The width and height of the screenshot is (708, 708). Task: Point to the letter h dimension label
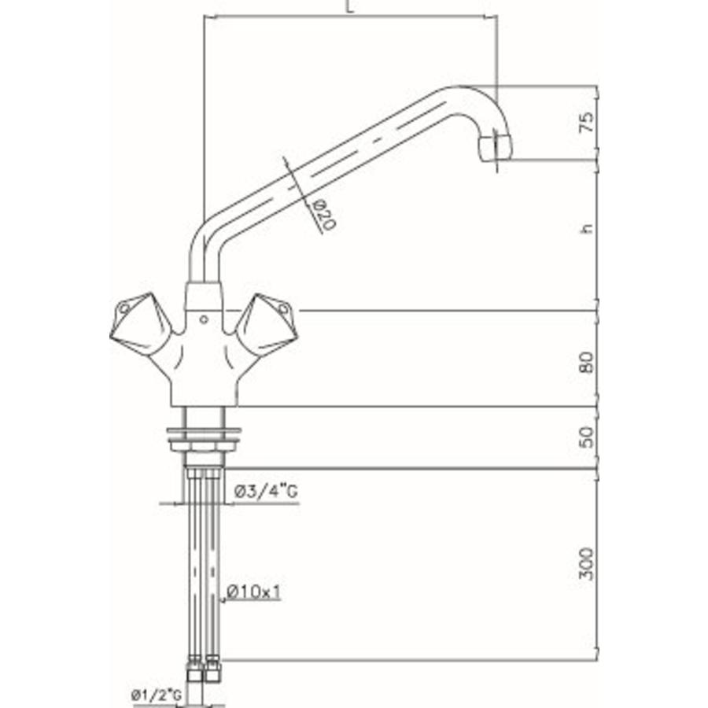584,229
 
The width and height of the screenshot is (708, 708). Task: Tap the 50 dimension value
584,438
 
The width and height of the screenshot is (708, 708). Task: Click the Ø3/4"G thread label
266,493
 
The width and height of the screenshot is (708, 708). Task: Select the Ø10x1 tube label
253,592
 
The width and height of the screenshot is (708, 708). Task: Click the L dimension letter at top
348,8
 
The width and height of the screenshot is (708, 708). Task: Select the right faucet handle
267,323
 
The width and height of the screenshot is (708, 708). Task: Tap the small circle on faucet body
204,319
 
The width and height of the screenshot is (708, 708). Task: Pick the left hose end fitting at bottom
194,673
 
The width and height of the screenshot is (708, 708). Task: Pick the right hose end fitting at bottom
213,673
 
